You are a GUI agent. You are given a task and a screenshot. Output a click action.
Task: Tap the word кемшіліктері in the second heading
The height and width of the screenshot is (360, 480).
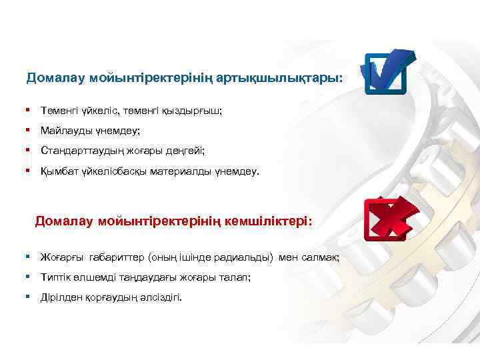pos(267,221)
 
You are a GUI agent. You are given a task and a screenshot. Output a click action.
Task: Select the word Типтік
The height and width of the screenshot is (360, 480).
pos(55,277)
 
